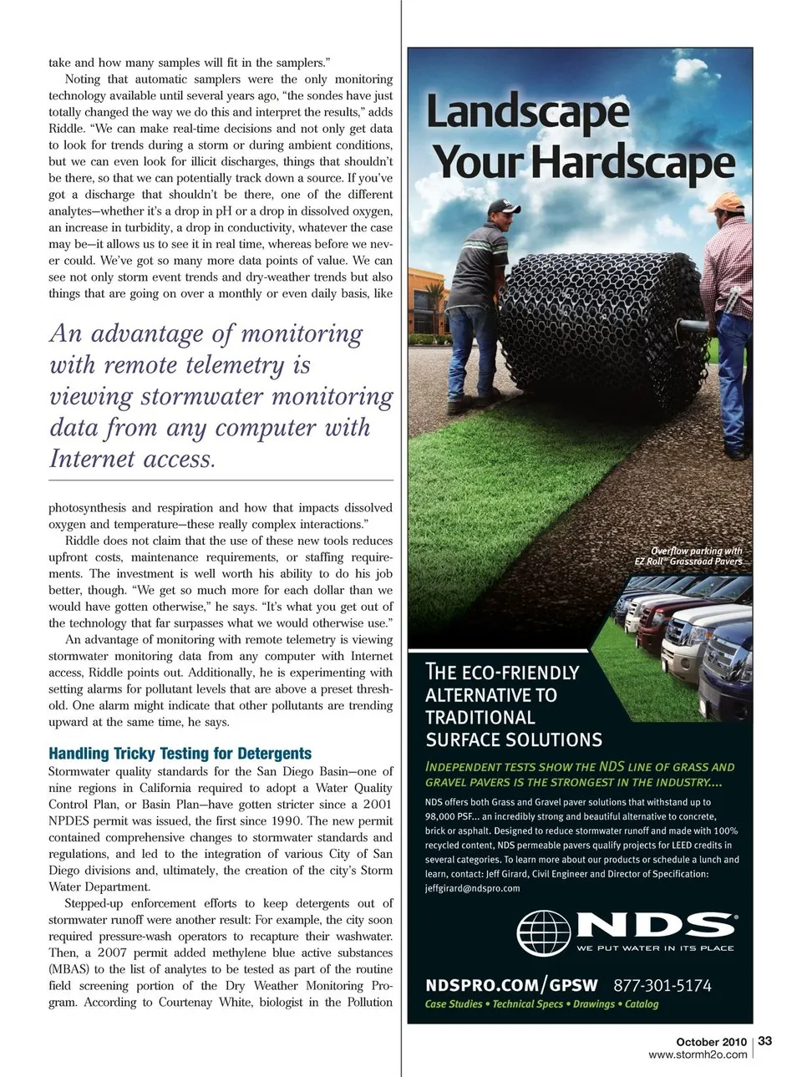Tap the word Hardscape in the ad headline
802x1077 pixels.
632,162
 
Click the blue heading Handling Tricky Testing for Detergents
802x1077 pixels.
180,753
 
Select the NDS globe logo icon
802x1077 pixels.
544,932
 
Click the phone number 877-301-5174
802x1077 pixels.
662,985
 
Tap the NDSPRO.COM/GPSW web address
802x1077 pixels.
511,985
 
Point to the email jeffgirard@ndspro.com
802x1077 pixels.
472,888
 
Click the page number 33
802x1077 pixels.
765,1040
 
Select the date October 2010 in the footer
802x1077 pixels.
711,1042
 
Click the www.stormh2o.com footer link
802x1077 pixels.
698,1054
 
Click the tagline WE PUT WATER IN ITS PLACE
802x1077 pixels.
655,948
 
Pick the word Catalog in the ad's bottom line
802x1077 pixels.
642,1004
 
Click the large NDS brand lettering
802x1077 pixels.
657,925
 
